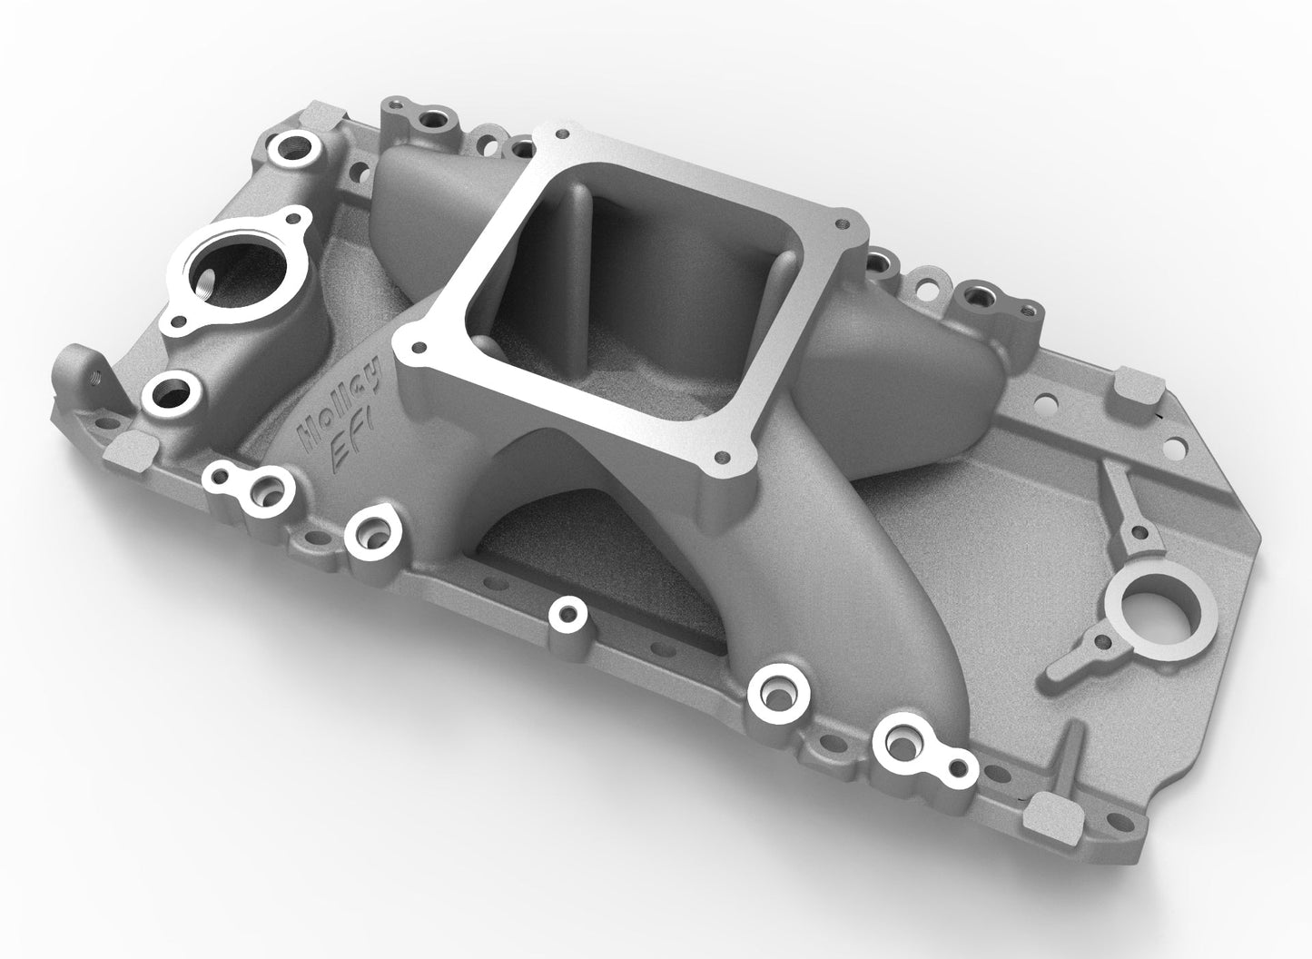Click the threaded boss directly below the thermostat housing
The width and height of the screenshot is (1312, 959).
169,392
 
